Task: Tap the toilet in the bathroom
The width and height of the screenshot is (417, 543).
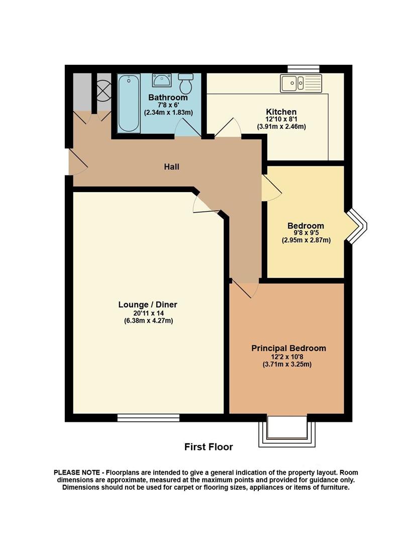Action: pos(187,83)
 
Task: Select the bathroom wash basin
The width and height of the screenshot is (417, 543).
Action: pos(161,80)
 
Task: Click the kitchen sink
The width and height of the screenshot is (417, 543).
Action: pos(301,83)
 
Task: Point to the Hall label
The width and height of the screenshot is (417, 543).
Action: pos(172,167)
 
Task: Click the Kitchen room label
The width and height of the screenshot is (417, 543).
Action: pos(281,112)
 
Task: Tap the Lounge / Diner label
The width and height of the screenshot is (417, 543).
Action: pos(148,305)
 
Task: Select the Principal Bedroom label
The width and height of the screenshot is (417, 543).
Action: pos(288,348)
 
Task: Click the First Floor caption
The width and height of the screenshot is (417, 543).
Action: pos(208,447)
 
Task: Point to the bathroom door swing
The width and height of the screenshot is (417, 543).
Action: pos(188,127)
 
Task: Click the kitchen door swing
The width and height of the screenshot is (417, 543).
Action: pos(228,127)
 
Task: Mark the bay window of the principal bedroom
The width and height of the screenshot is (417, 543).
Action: pos(287,431)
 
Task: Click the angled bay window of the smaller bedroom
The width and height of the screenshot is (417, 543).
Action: pos(356,226)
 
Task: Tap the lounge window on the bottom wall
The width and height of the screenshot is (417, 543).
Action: pos(148,418)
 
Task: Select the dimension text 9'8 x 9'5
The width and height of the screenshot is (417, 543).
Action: pos(305,233)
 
